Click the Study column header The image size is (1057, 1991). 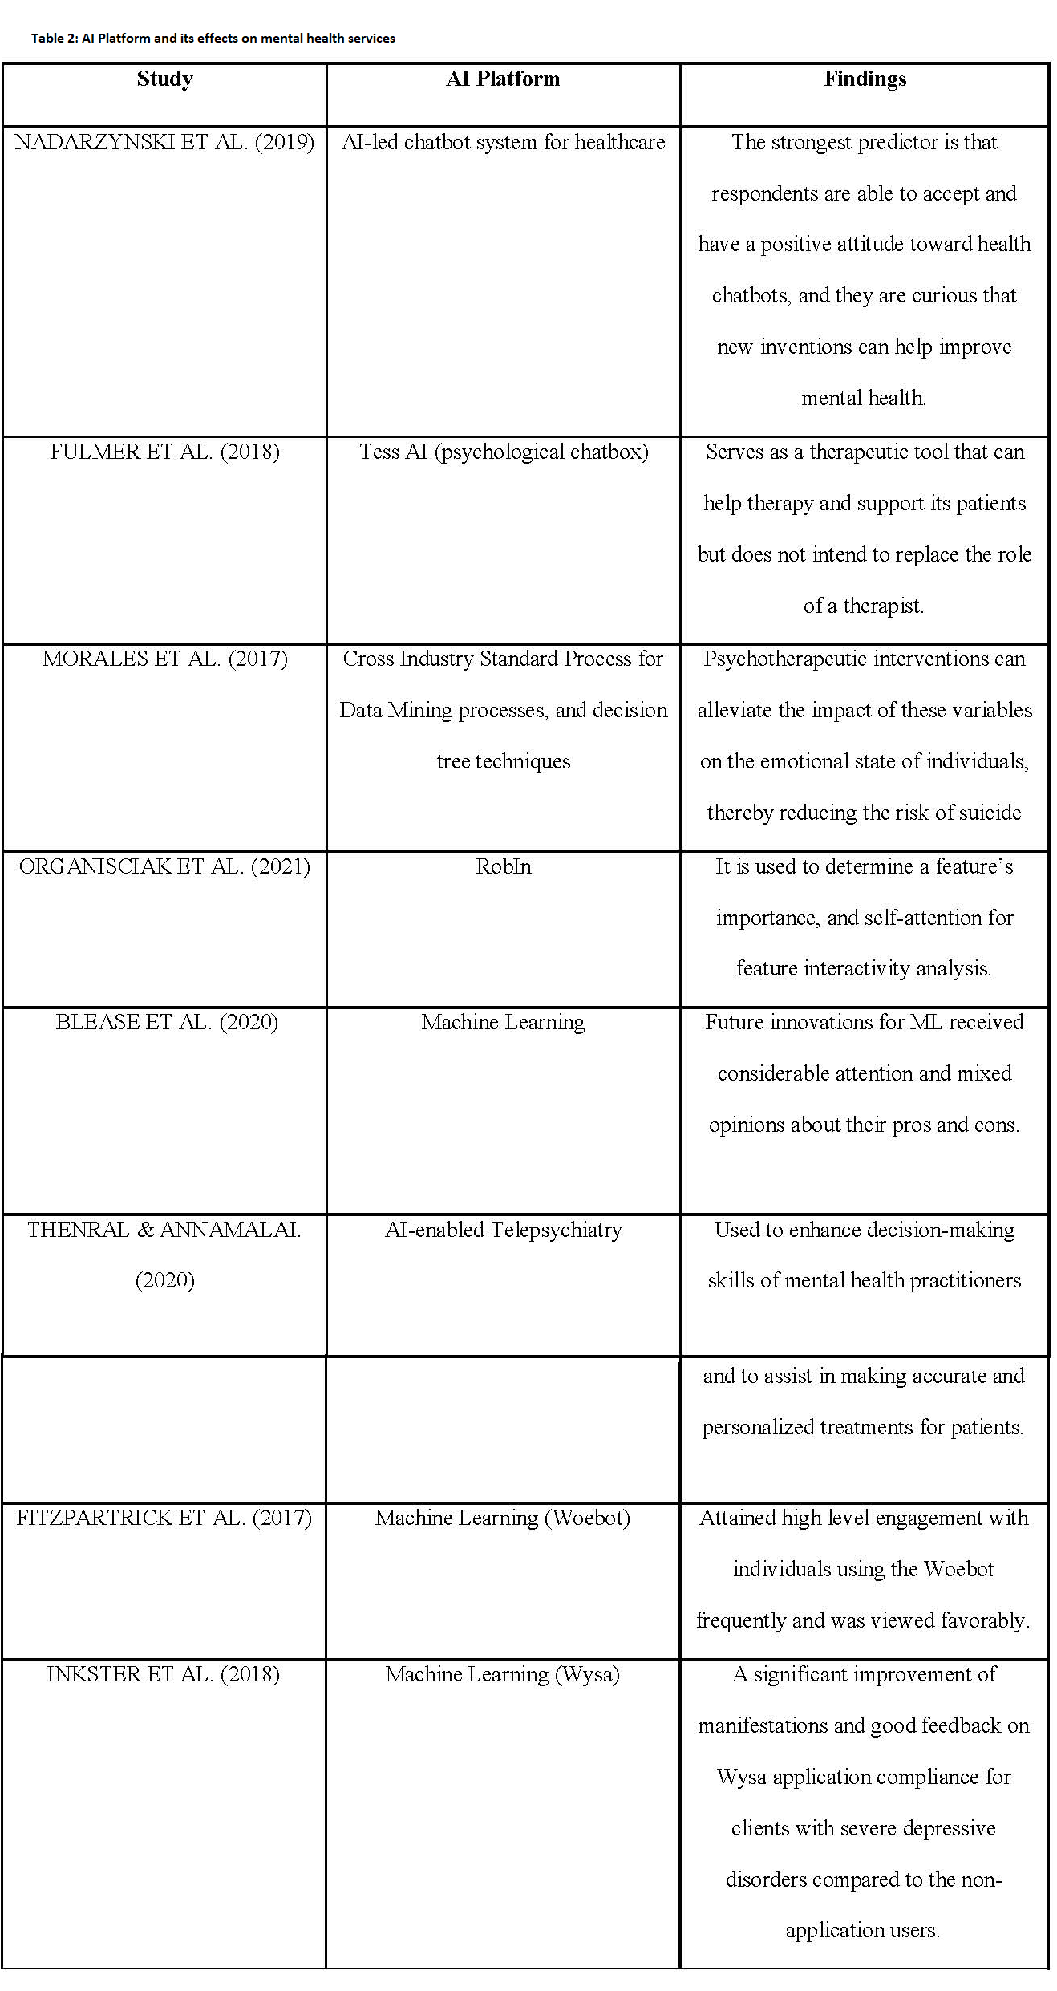tap(164, 79)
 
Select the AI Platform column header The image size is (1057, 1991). tap(503, 79)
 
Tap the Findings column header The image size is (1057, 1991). tap(865, 79)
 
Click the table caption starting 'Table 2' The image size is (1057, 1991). tap(213, 38)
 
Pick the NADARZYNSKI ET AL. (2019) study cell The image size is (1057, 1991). tap(164, 143)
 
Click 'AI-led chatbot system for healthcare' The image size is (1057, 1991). tap(503, 143)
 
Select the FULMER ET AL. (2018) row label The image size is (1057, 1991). tap(164, 452)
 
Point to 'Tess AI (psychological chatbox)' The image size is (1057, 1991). tap(503, 452)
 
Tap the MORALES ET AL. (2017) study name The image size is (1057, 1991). tap(164, 659)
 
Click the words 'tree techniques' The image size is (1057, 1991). tap(503, 761)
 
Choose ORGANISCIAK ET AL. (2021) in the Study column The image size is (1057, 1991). tap(164, 867)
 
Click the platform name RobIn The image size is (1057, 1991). tap(503, 867)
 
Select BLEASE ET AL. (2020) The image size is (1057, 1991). tap(166, 1023)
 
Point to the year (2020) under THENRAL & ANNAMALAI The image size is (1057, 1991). tap(164, 1280)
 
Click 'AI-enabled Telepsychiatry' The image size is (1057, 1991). tap(503, 1230)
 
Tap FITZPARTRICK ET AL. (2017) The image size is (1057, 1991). tap(164, 1518)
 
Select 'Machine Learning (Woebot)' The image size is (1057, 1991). tap(503, 1518)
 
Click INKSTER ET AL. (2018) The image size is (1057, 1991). tap(164, 1674)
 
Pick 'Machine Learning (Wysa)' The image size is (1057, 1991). tap(503, 1674)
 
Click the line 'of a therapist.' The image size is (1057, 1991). tap(864, 606)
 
